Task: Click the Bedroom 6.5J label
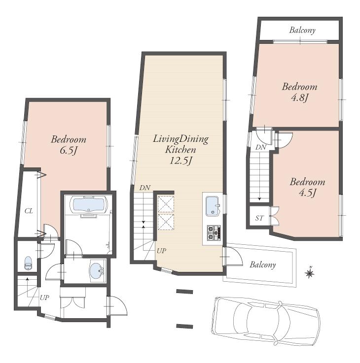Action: [x=69, y=145]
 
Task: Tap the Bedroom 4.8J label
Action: [x=299, y=92]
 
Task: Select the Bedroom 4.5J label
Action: [x=307, y=187]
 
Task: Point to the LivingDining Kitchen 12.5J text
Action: [x=180, y=149]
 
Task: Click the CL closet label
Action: [x=29, y=211]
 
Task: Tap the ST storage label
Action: [x=259, y=218]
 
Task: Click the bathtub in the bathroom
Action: [x=88, y=205]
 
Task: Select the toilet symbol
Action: [x=28, y=263]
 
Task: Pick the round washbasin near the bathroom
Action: [x=96, y=270]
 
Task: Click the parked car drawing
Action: [x=265, y=321]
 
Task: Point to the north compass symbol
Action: [x=310, y=272]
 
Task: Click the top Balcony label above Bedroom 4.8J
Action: [x=302, y=31]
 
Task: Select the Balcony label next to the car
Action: [x=262, y=265]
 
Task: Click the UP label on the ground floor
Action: [x=45, y=297]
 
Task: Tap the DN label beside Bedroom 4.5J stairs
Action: [x=261, y=147]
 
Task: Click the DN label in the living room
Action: [x=144, y=188]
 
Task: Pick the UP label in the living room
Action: [x=161, y=251]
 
